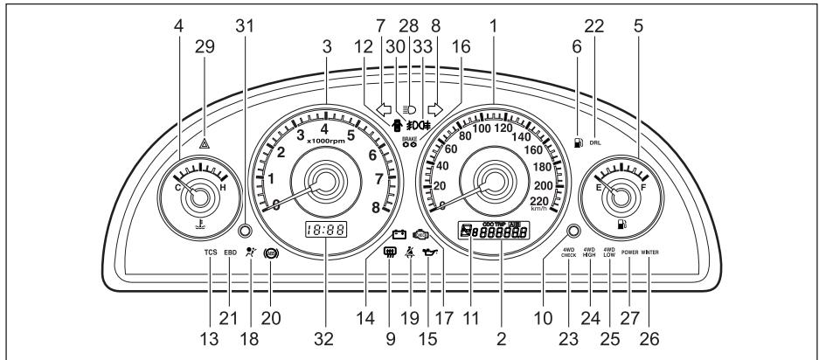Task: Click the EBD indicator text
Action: point(231,253)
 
